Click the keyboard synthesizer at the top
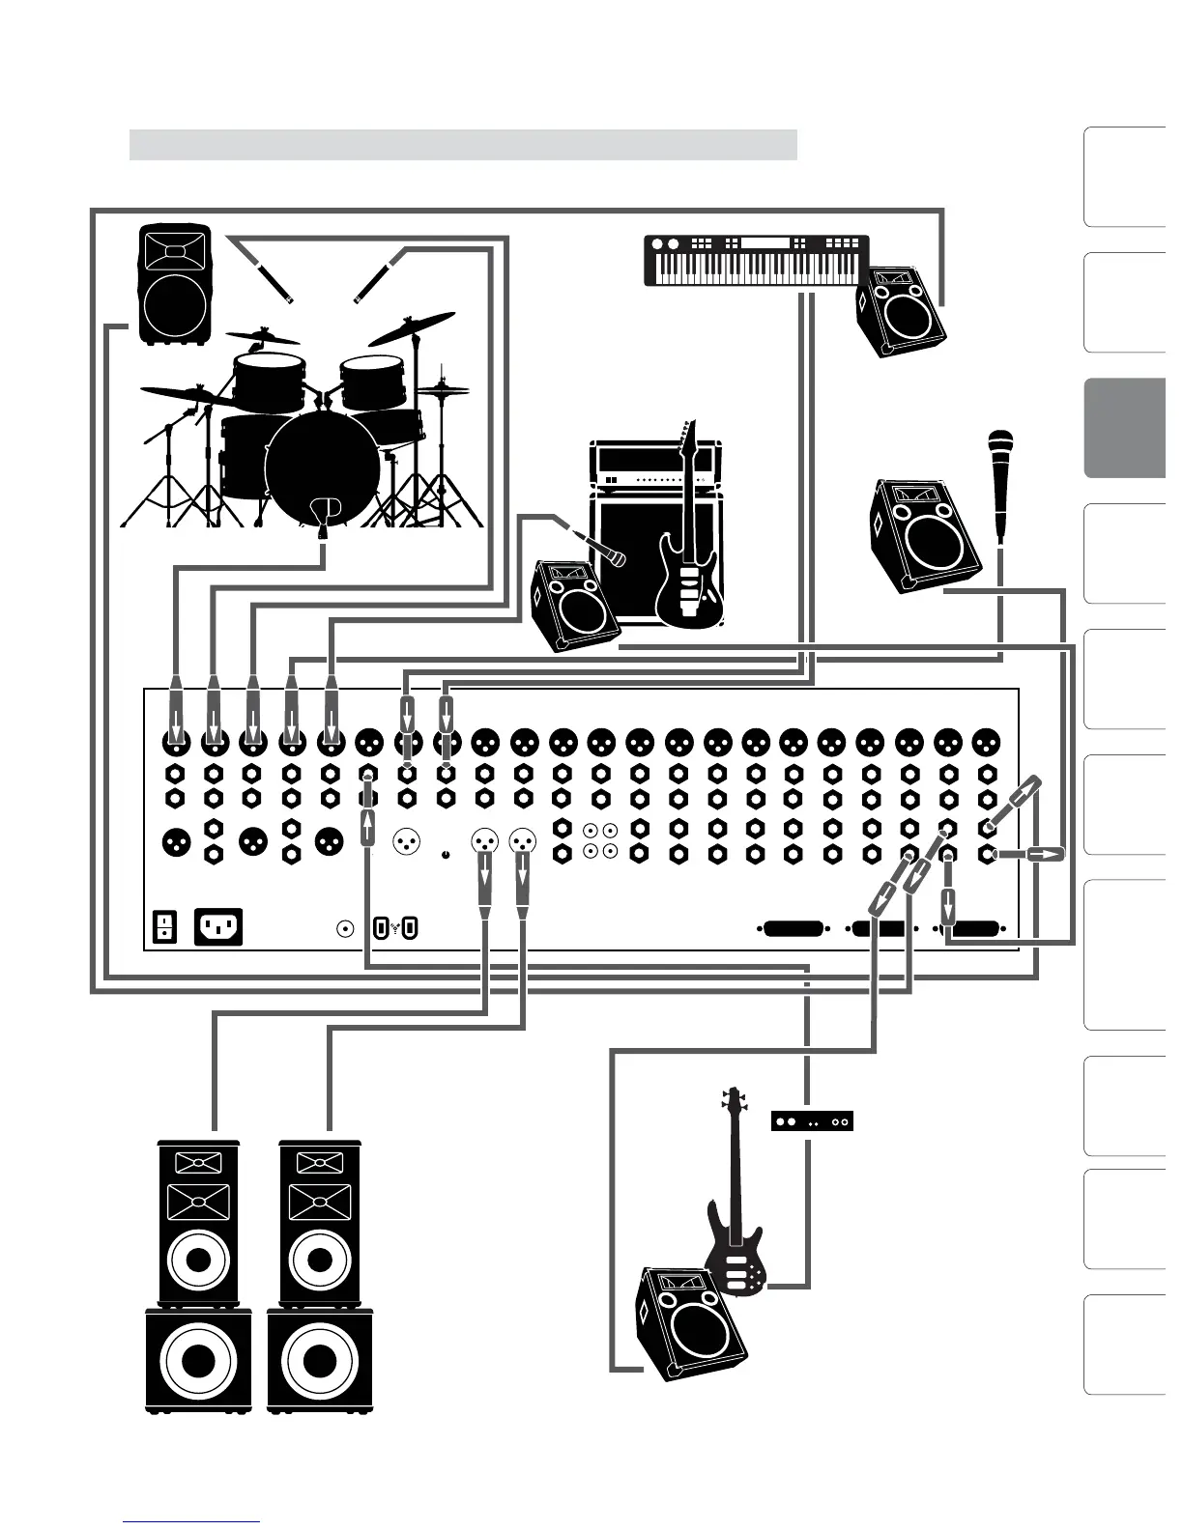pos(756,261)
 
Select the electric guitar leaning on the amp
pos(688,551)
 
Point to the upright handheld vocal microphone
pos(999,483)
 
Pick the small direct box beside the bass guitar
pos(812,1121)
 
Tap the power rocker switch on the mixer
pos(165,926)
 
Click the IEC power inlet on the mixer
pos(218,926)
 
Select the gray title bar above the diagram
pos(463,145)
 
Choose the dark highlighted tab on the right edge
pos(1124,428)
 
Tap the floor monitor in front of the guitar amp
pos(574,606)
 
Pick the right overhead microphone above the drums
pos(378,275)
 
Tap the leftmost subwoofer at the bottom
pos(198,1359)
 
